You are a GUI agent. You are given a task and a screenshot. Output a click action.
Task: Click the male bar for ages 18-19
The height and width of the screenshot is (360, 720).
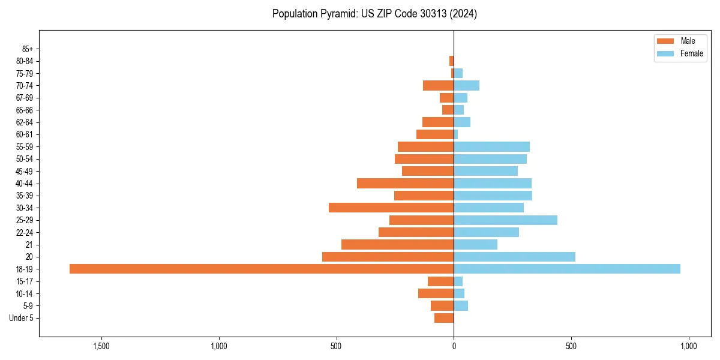[262, 269]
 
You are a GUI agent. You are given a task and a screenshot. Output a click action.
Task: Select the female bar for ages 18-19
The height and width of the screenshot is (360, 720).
[567, 269]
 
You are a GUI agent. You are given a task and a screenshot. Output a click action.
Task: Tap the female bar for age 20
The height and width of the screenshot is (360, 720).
[514, 257]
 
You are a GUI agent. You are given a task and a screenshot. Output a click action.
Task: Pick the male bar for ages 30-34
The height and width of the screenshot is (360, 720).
[391, 208]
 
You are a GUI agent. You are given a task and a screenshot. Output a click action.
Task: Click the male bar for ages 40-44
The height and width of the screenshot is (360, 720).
[405, 183]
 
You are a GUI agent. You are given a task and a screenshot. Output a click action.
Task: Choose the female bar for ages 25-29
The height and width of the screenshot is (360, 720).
[505, 220]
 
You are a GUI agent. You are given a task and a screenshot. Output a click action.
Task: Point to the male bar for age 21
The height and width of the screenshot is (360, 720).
[397, 244]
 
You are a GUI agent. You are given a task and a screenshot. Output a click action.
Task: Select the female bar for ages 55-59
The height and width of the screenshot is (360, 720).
[491, 146]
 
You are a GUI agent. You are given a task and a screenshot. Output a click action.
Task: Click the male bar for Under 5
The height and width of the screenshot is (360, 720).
[444, 318]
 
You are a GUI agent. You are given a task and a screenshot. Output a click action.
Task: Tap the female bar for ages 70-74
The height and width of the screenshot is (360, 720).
[466, 85]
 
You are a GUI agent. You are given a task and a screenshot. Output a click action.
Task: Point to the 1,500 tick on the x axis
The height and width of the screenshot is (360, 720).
[101, 346]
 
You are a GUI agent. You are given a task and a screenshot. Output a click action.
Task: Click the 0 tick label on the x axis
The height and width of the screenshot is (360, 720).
[454, 346]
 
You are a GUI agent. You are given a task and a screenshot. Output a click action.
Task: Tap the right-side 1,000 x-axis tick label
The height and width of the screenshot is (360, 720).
[688, 346]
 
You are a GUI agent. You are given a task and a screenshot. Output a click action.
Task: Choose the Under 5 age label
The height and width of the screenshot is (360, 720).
[21, 318]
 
